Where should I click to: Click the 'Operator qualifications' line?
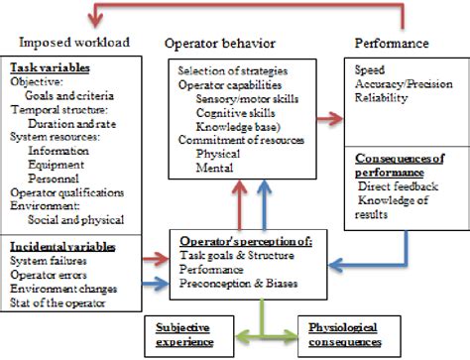(x=66, y=191)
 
